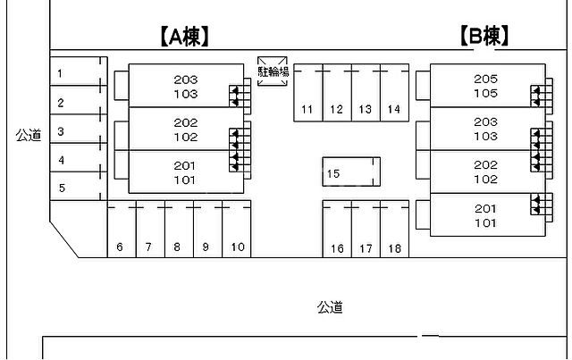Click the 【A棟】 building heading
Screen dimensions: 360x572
pos(184,36)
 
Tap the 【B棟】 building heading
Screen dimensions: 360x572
pos(484,36)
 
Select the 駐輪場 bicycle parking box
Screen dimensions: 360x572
pos(273,71)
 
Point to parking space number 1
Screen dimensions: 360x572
pos(75,73)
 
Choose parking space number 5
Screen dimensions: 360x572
pos(75,188)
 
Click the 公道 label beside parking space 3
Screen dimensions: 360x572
pos(29,136)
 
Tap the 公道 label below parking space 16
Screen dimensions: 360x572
pos(330,308)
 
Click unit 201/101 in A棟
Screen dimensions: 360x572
pos(186,172)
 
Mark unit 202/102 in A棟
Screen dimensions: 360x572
pos(186,130)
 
